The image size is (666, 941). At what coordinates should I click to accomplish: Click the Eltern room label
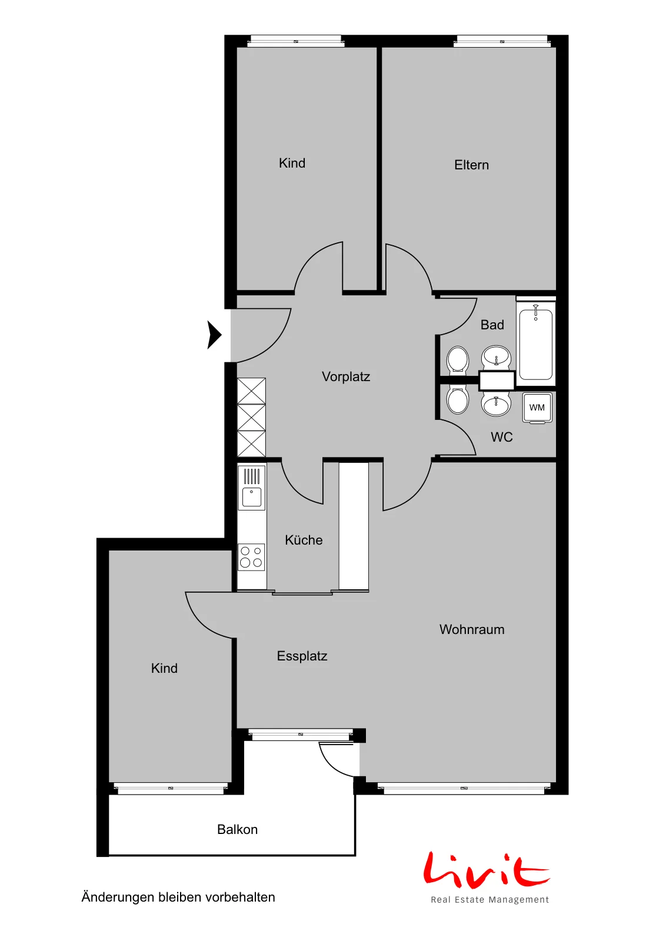471,165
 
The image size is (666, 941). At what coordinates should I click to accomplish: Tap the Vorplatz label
346,377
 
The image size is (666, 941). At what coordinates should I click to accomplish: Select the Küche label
304,540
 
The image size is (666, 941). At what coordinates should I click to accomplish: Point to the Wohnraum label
472,629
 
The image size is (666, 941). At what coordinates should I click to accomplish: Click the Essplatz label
302,656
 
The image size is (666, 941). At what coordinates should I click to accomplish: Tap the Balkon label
238,829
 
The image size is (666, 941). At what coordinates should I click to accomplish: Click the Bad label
492,325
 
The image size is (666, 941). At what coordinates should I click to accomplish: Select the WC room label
502,437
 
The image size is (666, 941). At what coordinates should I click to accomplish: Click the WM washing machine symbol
537,408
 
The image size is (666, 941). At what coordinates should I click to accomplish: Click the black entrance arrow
214,335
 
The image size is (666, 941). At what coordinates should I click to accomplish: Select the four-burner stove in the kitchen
251,557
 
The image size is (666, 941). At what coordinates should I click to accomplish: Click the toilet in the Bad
458,360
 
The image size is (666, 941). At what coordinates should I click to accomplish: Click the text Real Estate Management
490,899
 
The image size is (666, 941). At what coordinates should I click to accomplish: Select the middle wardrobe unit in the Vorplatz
251,417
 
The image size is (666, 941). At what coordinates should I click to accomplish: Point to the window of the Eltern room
502,41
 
